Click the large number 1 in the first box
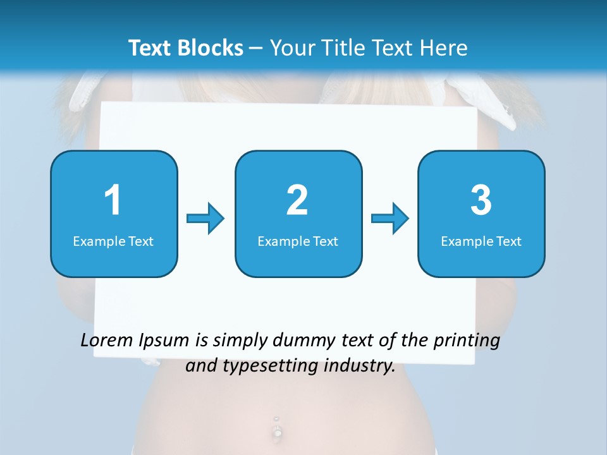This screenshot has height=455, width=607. [113, 200]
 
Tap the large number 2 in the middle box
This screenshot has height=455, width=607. [297, 200]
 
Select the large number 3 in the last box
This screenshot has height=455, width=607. [481, 200]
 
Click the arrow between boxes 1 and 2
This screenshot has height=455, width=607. [205, 219]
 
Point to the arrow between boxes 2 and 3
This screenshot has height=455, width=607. [390, 219]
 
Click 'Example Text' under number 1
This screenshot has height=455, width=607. [113, 241]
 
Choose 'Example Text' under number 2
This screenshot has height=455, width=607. [298, 241]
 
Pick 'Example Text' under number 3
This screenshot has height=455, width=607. [481, 241]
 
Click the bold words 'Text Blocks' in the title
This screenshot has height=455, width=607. [186, 48]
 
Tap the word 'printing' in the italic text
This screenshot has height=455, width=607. [467, 341]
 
